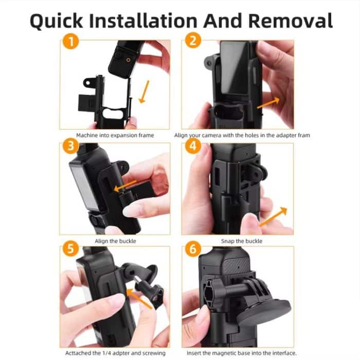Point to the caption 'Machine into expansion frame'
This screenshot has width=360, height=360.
(x=115, y=135)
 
